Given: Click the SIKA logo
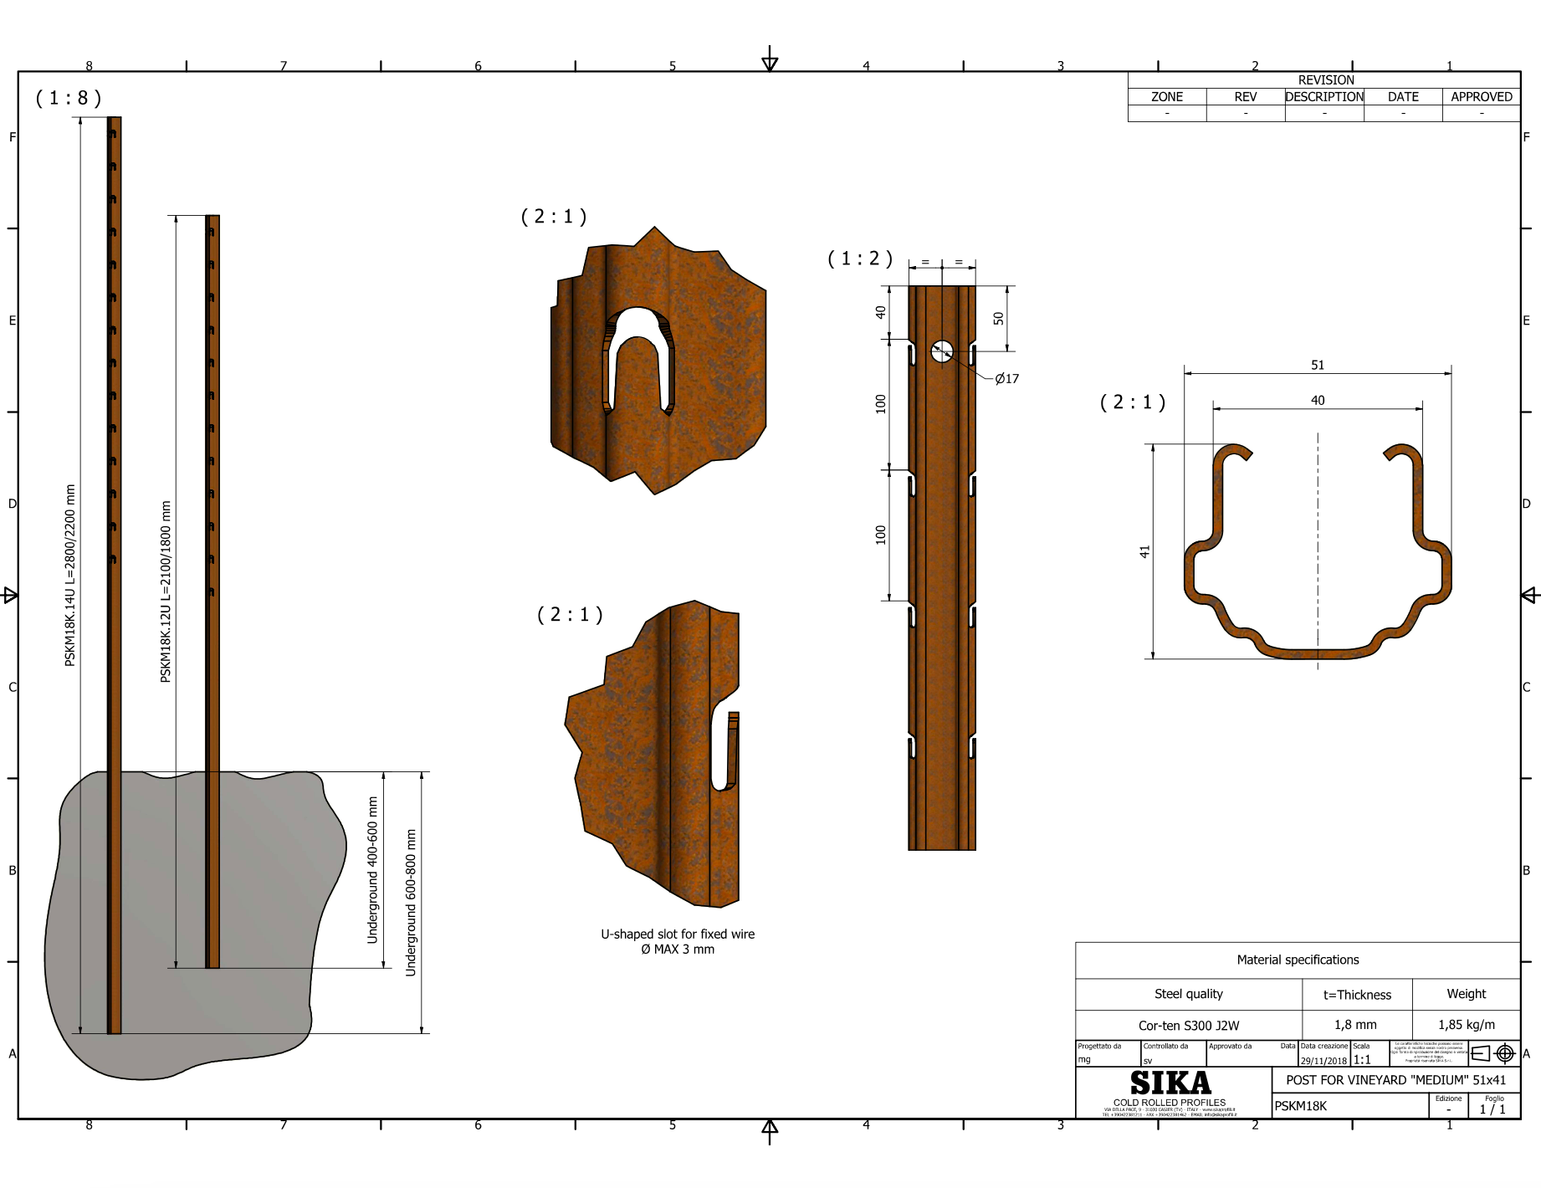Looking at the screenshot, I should (x=1170, y=1083).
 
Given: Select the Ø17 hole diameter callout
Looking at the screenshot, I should (x=1006, y=379).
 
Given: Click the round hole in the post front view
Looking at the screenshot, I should (x=942, y=351).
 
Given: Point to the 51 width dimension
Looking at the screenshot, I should (x=1318, y=365).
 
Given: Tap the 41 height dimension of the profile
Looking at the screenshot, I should (x=1144, y=551).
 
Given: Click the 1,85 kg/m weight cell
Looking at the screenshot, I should (x=1466, y=1024).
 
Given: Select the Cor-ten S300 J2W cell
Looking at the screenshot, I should (x=1188, y=1025).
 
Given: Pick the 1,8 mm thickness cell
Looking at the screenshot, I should (x=1355, y=1024).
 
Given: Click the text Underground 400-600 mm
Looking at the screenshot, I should (x=372, y=870).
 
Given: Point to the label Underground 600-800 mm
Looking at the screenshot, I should (x=411, y=902).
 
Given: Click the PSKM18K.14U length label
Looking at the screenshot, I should (x=70, y=576).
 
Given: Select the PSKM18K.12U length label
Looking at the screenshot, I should (x=166, y=591).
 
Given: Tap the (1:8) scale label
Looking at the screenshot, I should (x=69, y=98).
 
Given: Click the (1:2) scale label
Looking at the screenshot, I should (x=860, y=259).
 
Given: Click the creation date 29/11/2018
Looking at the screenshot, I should (x=1323, y=1061).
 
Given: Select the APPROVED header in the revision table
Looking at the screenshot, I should (x=1481, y=97).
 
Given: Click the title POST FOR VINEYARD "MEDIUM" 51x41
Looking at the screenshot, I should (x=1395, y=1080).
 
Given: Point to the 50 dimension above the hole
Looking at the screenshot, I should (x=998, y=318).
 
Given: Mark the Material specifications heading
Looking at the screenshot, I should (x=1298, y=960).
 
